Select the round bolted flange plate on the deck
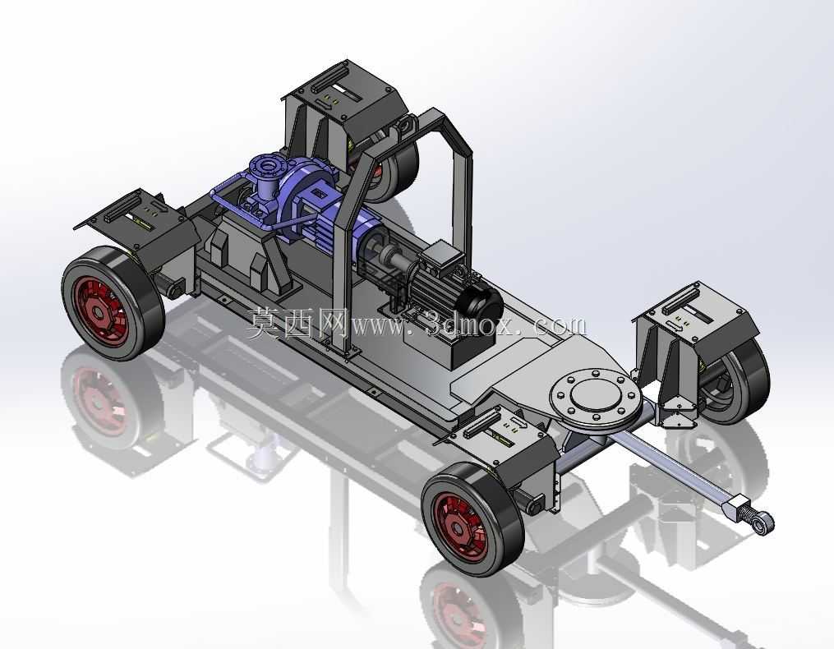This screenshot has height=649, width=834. pos(592,397)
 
